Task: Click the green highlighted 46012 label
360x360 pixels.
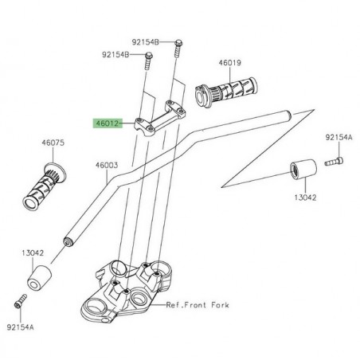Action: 108,123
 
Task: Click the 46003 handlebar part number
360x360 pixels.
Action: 107,166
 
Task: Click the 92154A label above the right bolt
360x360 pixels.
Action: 338,136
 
